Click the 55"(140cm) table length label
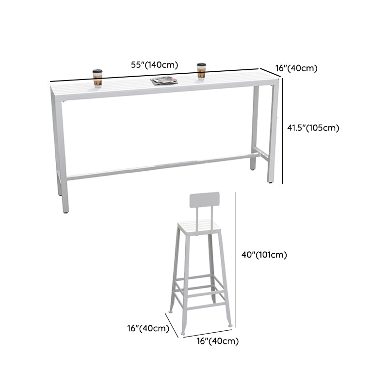tap(154, 65)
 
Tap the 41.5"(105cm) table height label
tap(313, 128)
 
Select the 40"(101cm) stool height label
tap(264, 255)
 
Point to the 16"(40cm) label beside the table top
tap(296, 68)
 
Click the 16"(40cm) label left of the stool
tap(148, 328)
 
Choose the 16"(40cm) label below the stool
tap(218, 341)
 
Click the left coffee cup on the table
tap(97, 79)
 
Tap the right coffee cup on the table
tap(201, 71)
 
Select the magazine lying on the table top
tap(164, 81)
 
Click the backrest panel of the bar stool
tap(204, 200)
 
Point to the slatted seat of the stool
tap(199, 227)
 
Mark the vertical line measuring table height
tap(283, 131)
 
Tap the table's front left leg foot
tap(65, 211)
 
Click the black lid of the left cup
tap(97, 71)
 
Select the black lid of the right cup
tap(201, 65)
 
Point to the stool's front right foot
tap(230, 325)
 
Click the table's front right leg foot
tap(270, 181)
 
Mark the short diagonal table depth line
tap(270, 73)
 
